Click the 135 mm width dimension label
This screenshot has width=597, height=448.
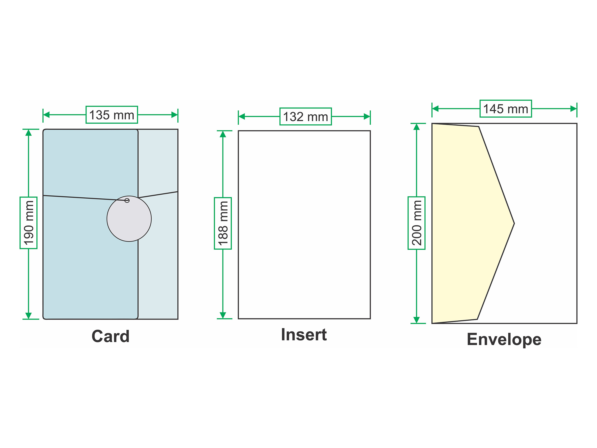(x=112, y=115)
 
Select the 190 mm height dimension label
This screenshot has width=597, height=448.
(x=29, y=223)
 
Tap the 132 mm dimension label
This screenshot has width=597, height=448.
(x=305, y=117)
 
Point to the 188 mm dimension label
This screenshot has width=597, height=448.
(x=223, y=223)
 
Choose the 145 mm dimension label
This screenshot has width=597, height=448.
(x=506, y=109)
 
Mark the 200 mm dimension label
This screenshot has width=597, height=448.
(x=417, y=223)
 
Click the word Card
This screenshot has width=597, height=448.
(x=111, y=336)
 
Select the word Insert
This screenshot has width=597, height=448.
(x=304, y=335)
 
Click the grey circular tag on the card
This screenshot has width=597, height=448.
(x=129, y=219)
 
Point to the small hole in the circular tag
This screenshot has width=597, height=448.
(x=127, y=200)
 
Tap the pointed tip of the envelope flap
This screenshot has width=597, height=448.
(x=514, y=224)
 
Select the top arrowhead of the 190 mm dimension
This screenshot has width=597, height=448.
(x=29, y=133)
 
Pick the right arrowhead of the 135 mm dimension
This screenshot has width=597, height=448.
(x=175, y=115)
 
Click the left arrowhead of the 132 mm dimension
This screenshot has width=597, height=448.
(x=242, y=117)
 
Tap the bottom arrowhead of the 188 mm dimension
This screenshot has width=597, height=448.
(x=223, y=315)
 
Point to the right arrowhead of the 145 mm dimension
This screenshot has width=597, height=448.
(x=573, y=109)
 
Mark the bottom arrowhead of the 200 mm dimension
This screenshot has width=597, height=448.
(x=417, y=320)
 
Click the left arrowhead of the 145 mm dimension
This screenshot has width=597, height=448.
(x=435, y=109)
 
